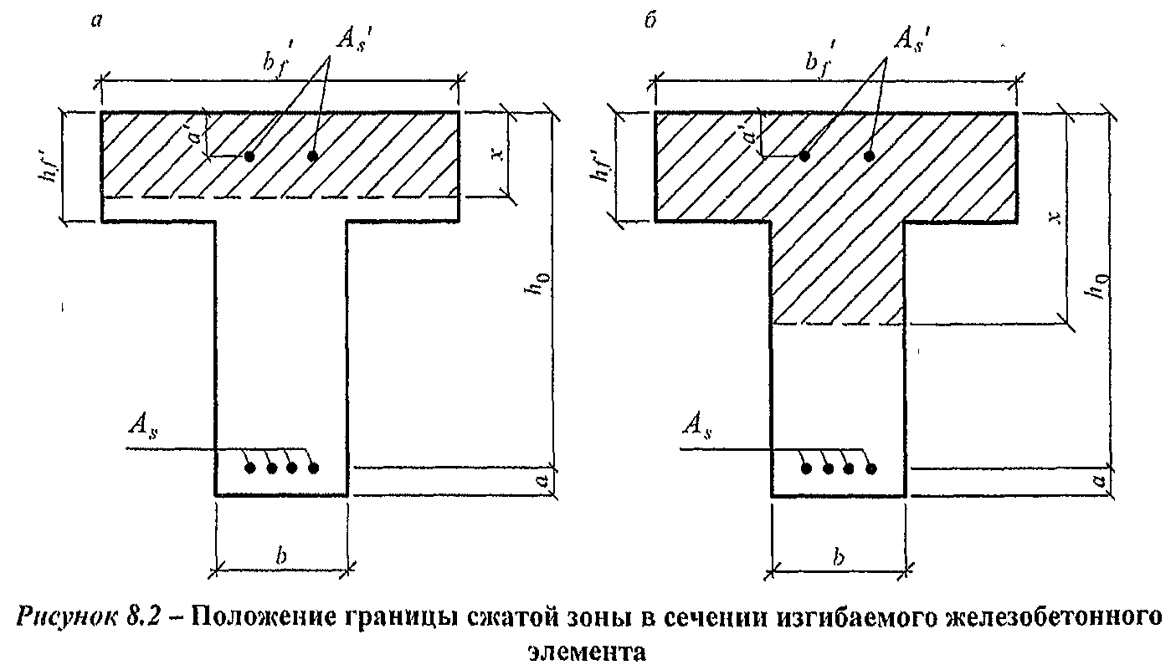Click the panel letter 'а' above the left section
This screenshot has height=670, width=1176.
[x=96, y=21]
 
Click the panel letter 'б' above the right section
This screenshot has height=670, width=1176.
[x=650, y=20]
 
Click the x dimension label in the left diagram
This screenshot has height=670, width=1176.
[x=498, y=154]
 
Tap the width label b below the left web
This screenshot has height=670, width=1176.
[x=281, y=555]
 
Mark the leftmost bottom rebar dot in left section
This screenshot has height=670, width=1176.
[x=250, y=468]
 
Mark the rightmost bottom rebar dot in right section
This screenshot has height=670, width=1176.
[x=871, y=468]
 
